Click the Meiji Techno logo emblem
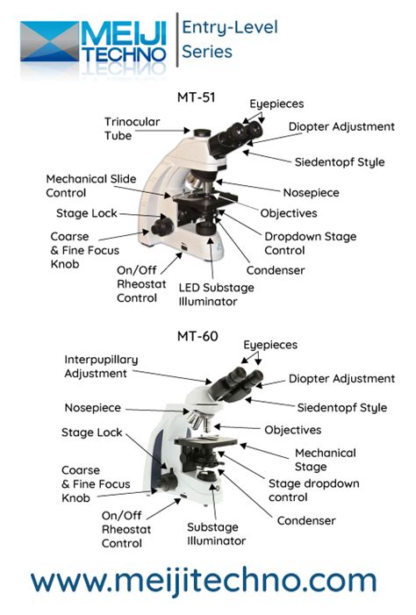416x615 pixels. [x=50, y=41]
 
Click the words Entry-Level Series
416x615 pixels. [x=229, y=39]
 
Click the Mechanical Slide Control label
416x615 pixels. [x=91, y=185]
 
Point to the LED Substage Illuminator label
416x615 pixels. [x=216, y=294]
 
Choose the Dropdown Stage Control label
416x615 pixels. [x=304, y=242]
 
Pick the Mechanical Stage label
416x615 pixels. [x=325, y=460]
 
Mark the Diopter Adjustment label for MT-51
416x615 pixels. [x=341, y=126]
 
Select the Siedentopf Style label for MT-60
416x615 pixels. [x=341, y=407]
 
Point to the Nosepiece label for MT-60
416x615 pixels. [x=92, y=408]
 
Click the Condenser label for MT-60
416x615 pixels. [x=306, y=520]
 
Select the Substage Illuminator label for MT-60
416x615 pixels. [x=216, y=534]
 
